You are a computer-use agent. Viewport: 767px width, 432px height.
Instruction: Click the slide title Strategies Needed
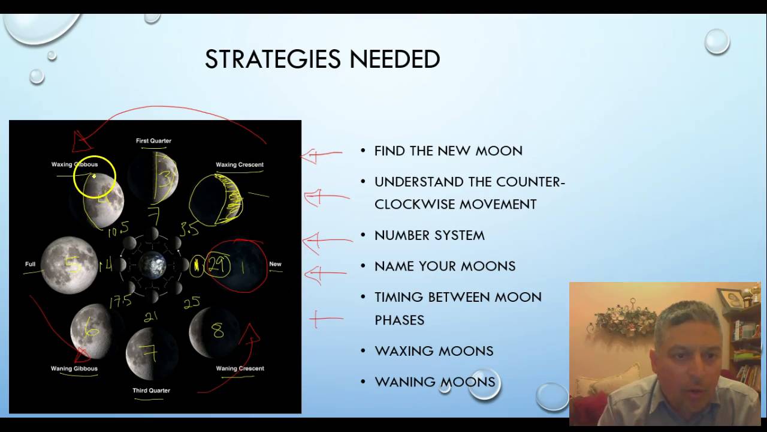(x=322, y=59)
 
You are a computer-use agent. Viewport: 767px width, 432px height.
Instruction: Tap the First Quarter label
(x=153, y=141)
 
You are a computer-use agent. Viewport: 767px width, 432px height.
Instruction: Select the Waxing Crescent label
(x=239, y=164)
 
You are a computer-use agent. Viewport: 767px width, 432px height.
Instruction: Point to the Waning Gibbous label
(x=74, y=368)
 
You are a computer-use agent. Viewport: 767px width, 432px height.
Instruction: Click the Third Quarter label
(x=151, y=391)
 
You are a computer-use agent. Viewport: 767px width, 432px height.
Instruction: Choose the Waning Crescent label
(x=240, y=368)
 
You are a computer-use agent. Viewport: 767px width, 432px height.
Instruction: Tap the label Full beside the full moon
(x=30, y=264)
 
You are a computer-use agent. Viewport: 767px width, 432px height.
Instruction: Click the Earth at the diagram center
(x=152, y=265)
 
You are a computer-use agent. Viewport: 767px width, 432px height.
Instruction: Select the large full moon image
(x=68, y=265)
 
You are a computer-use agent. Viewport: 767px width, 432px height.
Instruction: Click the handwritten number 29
(x=217, y=265)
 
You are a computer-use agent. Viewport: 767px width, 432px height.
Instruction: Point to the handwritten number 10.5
(x=118, y=229)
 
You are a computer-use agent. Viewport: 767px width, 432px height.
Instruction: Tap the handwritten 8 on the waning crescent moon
(x=217, y=331)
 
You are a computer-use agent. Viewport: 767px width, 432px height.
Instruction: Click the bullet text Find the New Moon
(x=448, y=151)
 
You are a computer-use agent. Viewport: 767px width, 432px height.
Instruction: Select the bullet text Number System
(x=429, y=235)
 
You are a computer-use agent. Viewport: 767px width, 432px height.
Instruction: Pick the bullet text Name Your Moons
(x=445, y=266)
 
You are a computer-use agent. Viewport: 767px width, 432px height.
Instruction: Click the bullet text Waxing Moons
(x=434, y=351)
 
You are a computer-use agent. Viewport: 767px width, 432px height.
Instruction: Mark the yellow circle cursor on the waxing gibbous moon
(x=95, y=177)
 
